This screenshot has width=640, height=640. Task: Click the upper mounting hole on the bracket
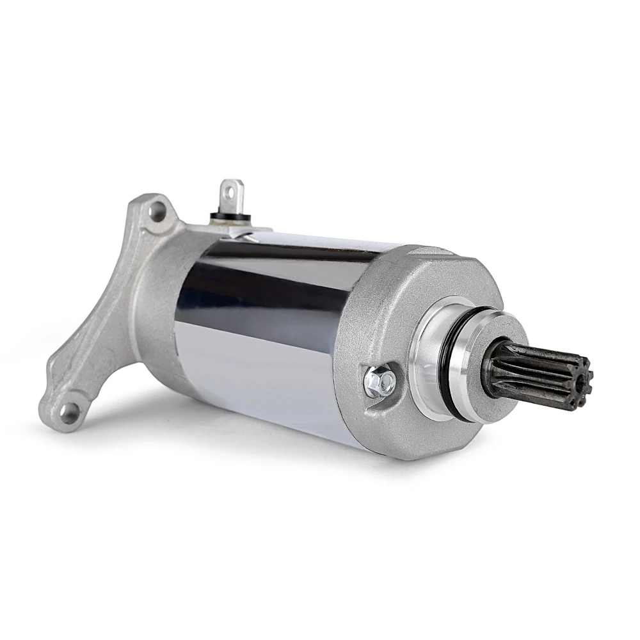point(156,209)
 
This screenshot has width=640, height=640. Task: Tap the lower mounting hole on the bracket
point(69,408)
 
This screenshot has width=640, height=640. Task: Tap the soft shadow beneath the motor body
point(288,442)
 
